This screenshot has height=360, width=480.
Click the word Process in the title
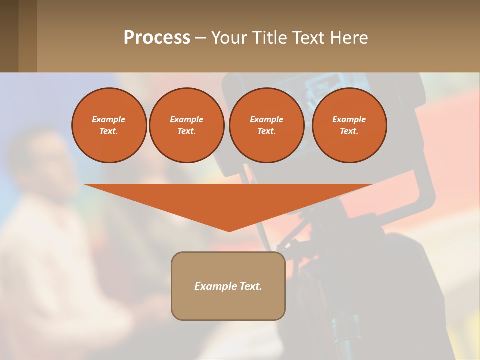point(157,38)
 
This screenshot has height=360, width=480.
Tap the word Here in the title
point(349,38)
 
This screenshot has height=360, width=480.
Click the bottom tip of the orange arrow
point(229,230)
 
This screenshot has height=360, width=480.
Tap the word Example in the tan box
point(215,286)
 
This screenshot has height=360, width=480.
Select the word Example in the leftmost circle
point(109,119)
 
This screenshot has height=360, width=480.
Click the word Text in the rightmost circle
point(349,131)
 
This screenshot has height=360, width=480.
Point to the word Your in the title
point(228,38)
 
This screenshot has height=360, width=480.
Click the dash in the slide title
point(200,38)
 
